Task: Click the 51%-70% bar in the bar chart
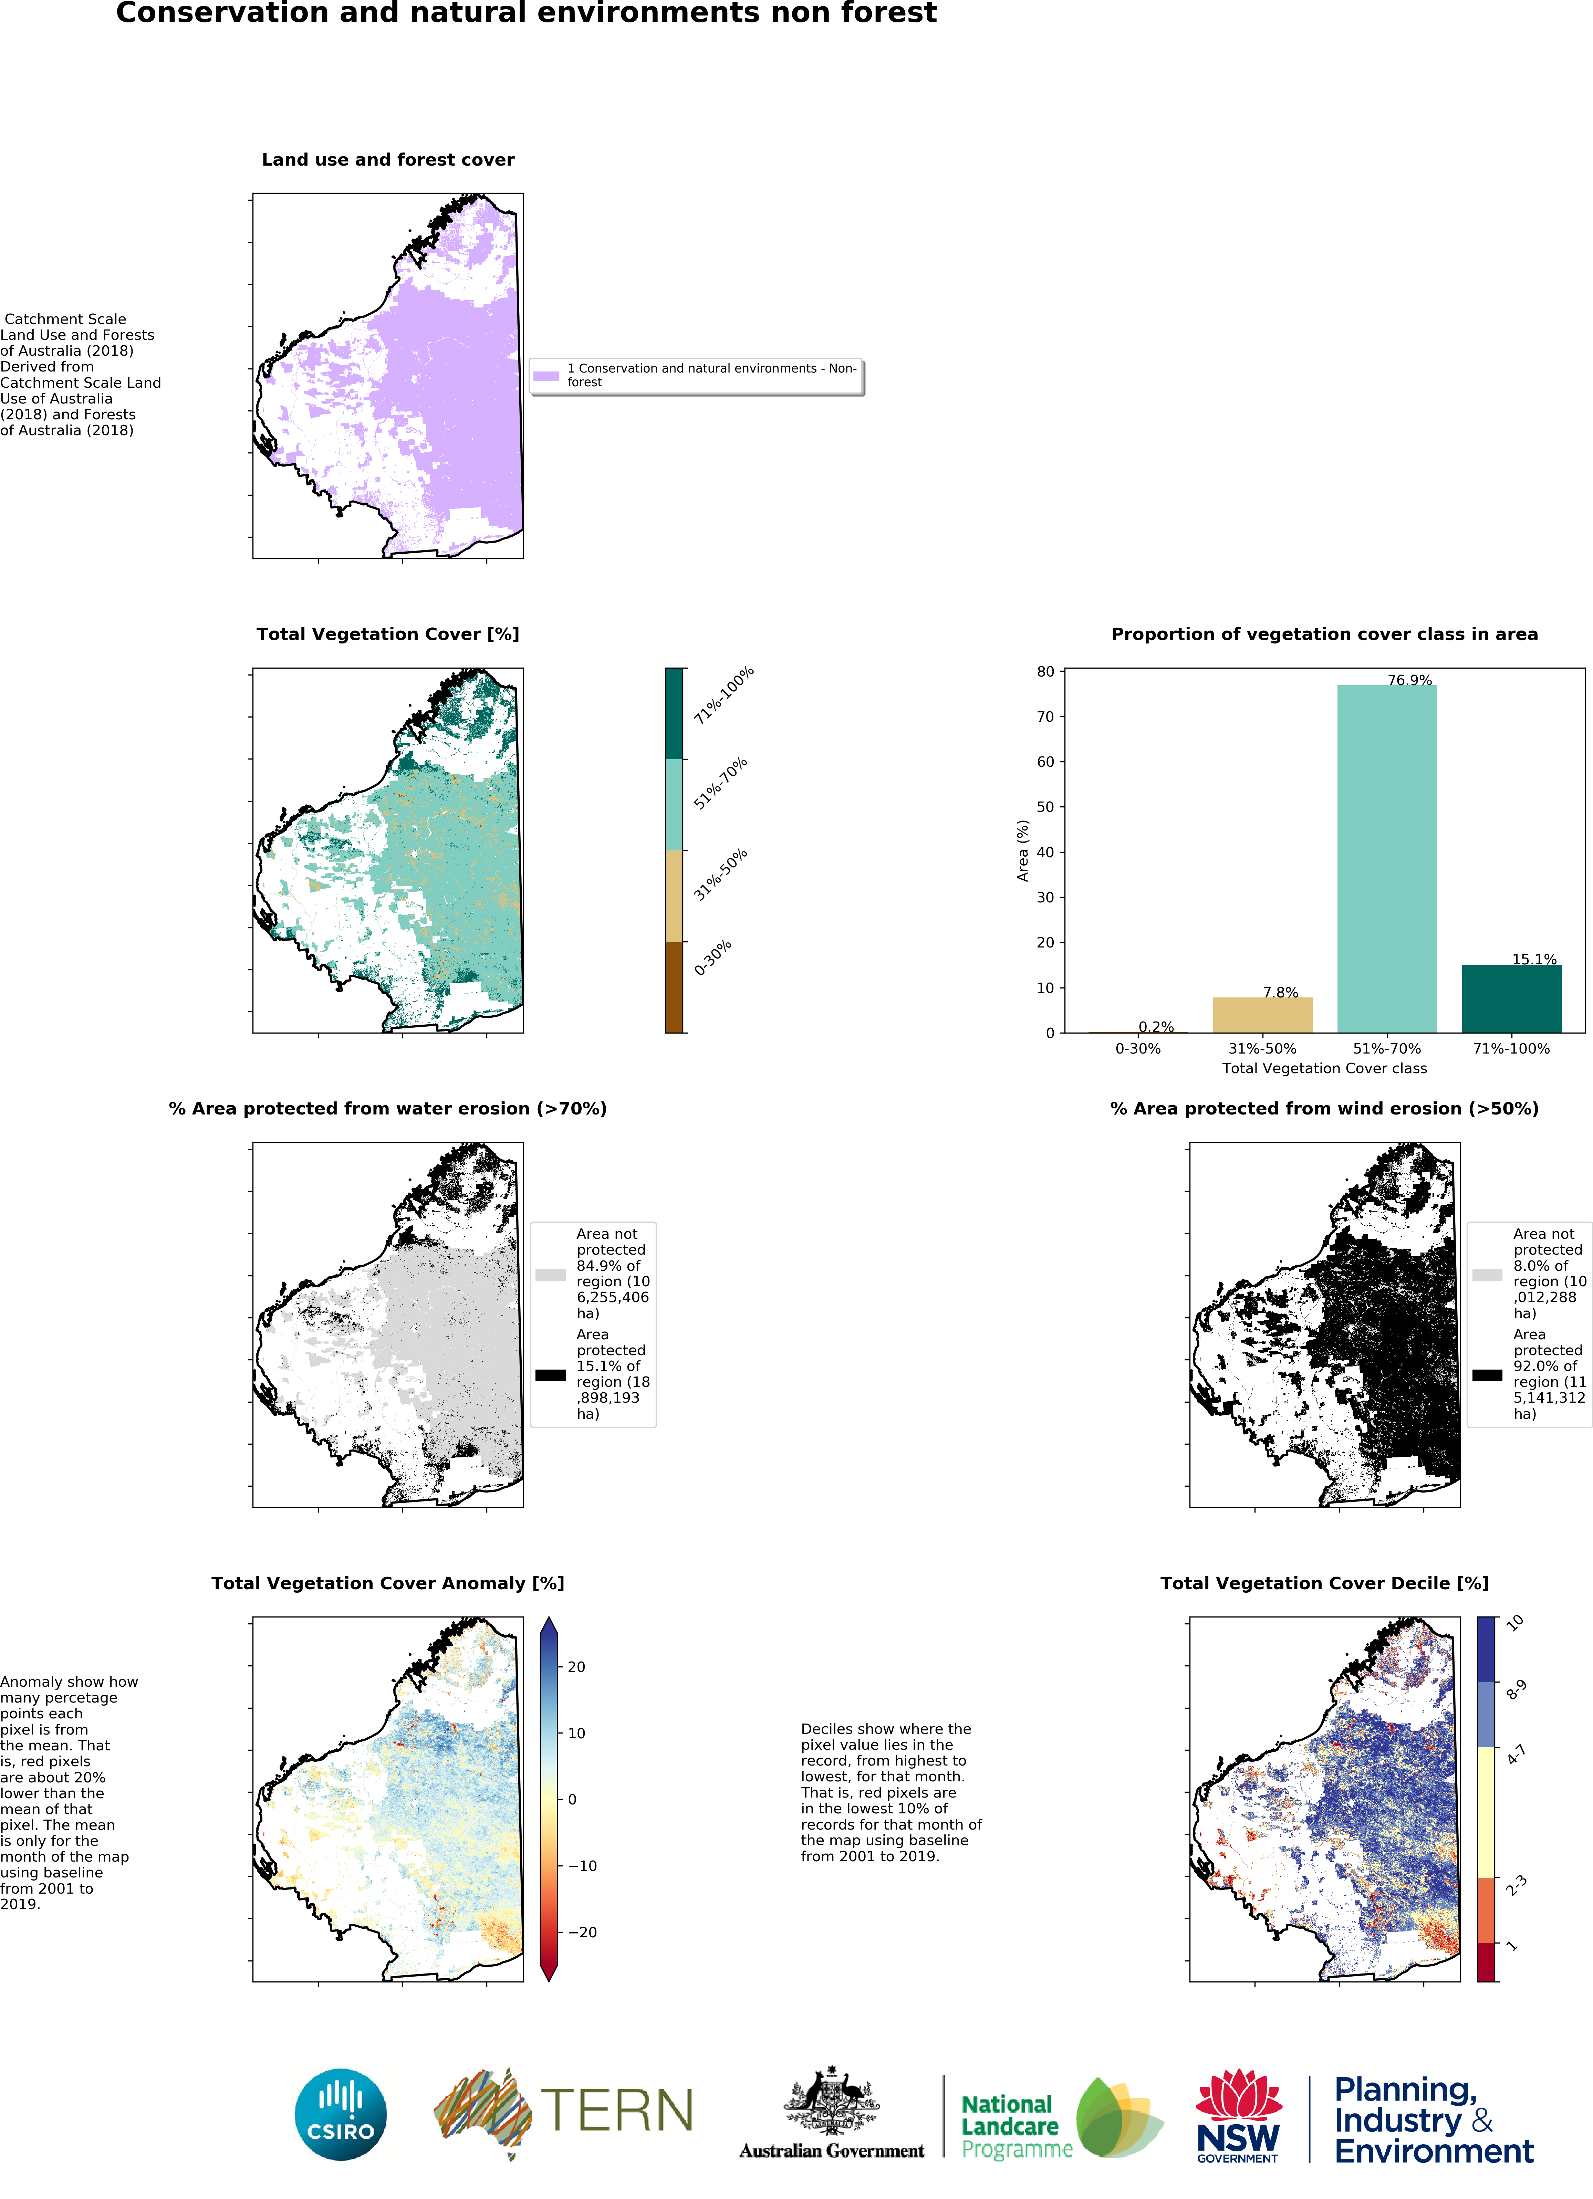[1386, 859]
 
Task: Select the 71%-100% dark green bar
[1511, 999]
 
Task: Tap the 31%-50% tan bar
[1262, 1015]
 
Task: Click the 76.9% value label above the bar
[1409, 680]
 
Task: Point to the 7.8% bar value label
[1280, 992]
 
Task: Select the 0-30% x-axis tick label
[1137, 1048]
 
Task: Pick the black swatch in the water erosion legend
[551, 1375]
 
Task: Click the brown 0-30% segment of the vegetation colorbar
[674, 987]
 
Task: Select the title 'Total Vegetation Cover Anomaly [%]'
[388, 1583]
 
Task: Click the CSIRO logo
[340, 2115]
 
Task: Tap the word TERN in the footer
[617, 2110]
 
